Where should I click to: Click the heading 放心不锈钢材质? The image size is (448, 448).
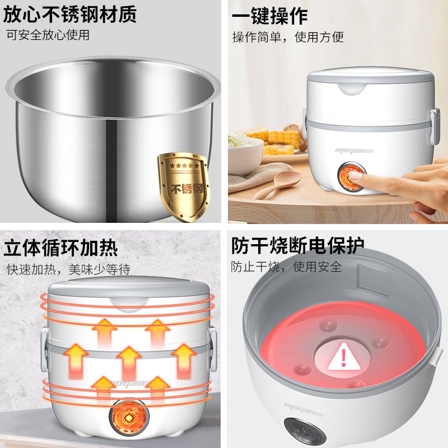tap(69, 15)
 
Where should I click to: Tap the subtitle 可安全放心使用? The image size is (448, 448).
tap(48, 35)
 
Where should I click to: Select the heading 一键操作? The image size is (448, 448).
tap(270, 16)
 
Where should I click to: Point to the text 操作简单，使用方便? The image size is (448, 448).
tap(288, 37)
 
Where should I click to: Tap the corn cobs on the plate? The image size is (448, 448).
tap(278, 142)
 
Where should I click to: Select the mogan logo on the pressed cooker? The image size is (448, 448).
tap(354, 151)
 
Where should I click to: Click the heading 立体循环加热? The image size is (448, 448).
tap(60, 248)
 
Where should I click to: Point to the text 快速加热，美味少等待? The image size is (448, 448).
tap(68, 269)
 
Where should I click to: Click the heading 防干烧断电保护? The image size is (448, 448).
tap(297, 245)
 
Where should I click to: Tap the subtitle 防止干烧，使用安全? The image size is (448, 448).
tap(286, 267)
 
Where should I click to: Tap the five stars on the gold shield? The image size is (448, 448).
tap(184, 166)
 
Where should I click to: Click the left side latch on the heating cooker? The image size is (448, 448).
tap(44, 351)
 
